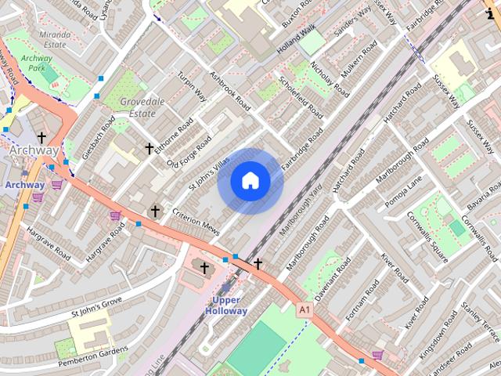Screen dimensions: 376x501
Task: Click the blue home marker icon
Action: [x=250, y=181]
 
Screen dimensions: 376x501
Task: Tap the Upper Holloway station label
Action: [x=226, y=305]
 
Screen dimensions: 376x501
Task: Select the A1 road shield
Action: [x=304, y=311]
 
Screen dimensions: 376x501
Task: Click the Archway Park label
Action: [x=37, y=63]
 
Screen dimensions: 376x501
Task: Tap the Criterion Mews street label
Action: [x=194, y=219]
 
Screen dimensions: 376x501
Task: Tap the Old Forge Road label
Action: [x=189, y=152]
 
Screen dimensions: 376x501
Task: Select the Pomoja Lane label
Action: [x=403, y=192]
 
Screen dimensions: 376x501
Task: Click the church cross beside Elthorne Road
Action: [x=149, y=148]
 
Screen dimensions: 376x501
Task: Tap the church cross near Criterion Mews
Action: [x=155, y=211]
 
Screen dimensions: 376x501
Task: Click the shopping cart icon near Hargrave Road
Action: [x=115, y=215]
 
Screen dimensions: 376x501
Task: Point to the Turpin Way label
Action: [x=192, y=85]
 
